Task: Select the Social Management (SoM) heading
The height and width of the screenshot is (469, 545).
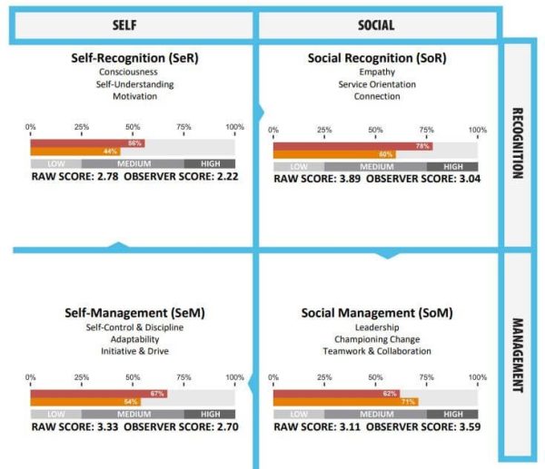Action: pos(377,313)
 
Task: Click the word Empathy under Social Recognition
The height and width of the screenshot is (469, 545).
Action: pos(376,71)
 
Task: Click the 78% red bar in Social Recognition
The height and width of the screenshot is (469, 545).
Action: pos(352,145)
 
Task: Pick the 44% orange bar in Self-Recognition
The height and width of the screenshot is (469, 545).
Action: pos(75,151)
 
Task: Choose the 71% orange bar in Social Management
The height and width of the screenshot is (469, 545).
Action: pos(345,401)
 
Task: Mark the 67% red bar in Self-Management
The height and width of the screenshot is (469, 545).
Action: pos(98,393)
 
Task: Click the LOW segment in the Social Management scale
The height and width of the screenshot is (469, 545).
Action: pos(298,413)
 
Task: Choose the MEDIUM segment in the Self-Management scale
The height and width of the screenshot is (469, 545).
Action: pos(133,413)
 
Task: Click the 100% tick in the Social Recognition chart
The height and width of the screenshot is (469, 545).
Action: pos(477,129)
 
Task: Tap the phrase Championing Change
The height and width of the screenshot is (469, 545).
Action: pos(377,338)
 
